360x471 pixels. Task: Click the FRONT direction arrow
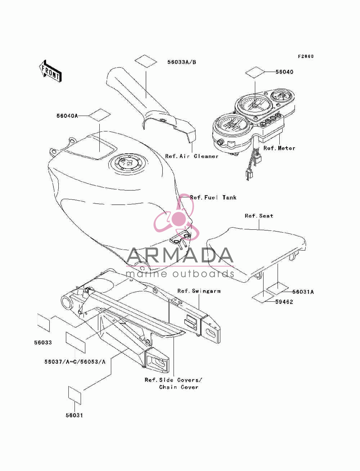[x=51, y=71]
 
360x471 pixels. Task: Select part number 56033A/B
[x=182, y=62]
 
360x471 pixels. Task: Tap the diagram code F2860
[x=306, y=56]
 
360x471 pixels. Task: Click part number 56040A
[x=67, y=116]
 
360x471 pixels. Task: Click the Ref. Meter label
[x=279, y=148]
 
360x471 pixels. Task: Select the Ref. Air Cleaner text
[x=192, y=156]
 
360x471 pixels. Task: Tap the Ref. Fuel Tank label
[x=213, y=197]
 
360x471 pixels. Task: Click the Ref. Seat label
[x=259, y=216]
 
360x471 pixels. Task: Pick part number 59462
[x=284, y=302]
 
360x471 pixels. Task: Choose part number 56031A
[x=303, y=292]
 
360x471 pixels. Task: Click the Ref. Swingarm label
[x=199, y=291]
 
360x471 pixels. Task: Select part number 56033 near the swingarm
[x=43, y=342]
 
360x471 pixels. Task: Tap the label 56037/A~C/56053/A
[x=75, y=362]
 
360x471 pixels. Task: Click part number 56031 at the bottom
[x=75, y=415]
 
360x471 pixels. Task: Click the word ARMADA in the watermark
[x=180, y=255]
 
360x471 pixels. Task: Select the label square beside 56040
[x=255, y=72]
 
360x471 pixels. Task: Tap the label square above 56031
[x=75, y=395]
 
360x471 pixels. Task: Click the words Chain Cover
[x=179, y=387]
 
